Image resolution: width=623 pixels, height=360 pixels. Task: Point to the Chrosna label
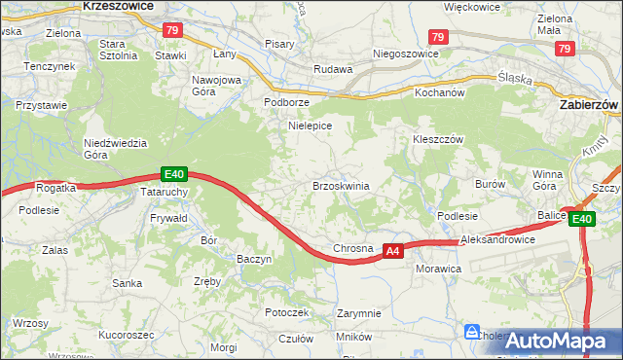coord(353,249)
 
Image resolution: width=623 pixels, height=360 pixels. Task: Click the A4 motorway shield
coord(392,251)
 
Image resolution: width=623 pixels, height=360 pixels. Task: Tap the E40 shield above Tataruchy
coord(173,174)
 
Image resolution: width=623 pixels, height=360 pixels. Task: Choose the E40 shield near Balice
coord(582,220)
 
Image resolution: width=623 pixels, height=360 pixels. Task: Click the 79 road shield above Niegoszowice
coord(438,37)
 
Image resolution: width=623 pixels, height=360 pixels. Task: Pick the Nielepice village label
coord(311,126)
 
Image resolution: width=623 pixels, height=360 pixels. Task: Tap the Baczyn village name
coord(254,260)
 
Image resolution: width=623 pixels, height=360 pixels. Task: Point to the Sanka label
coord(127,283)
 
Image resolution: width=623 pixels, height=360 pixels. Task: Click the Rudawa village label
coord(331,70)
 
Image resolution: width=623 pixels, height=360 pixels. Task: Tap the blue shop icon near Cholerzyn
coord(472,332)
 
